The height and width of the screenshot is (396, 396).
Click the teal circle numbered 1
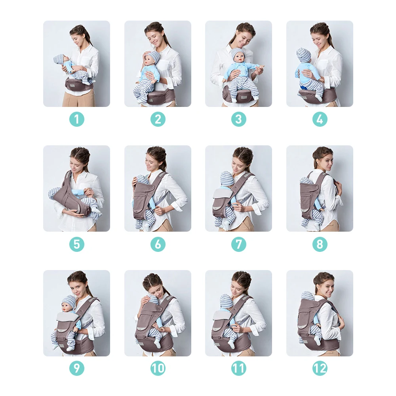77,119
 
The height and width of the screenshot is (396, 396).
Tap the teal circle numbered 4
320,119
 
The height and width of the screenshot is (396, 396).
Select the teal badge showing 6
158,244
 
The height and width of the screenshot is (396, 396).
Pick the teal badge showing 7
239,244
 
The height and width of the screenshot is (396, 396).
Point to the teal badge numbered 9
77,368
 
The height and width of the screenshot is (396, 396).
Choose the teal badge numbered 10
158,368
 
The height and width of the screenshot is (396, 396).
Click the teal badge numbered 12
320,368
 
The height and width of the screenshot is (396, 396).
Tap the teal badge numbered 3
239,119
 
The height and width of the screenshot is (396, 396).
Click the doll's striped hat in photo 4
304,55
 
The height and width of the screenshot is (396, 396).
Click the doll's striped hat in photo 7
227,178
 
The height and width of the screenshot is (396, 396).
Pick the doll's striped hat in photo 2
154,57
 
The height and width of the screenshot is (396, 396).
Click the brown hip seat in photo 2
161,97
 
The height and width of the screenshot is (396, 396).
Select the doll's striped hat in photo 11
226,301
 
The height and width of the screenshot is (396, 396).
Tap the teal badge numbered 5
77,244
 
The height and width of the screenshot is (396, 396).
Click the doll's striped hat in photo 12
308,296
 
